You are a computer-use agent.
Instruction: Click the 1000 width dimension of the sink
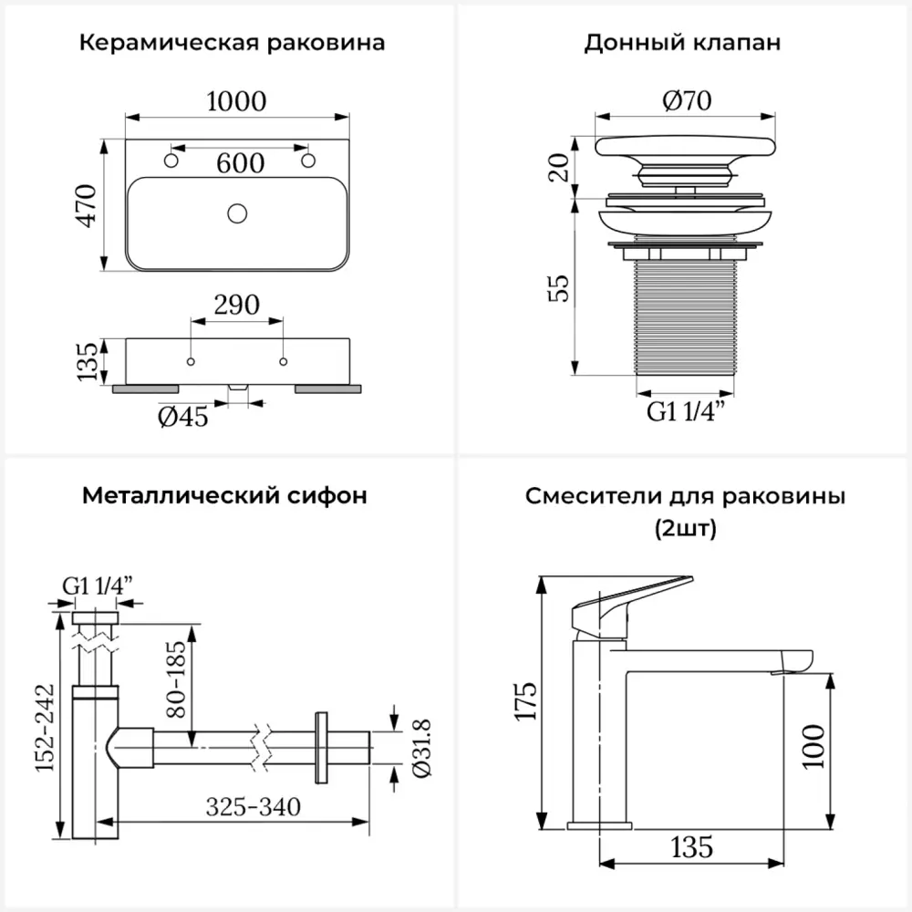click(x=236, y=101)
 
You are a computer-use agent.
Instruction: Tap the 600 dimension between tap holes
click(x=240, y=163)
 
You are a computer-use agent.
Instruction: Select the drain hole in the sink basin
click(x=237, y=213)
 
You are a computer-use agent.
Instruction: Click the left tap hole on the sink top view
click(x=171, y=161)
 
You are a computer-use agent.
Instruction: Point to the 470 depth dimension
click(x=86, y=205)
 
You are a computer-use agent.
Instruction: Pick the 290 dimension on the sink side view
click(x=237, y=305)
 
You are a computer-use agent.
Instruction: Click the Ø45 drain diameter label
click(x=182, y=417)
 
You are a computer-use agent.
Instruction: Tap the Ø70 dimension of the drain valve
click(x=687, y=100)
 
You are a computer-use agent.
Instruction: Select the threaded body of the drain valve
click(x=685, y=317)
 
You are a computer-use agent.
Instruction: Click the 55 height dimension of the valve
click(x=558, y=288)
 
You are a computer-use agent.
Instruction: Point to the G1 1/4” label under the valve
click(x=687, y=411)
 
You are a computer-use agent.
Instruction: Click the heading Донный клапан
click(x=682, y=43)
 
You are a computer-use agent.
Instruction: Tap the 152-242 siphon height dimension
click(x=45, y=728)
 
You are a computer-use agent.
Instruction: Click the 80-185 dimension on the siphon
click(x=175, y=679)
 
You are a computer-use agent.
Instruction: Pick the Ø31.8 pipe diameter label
click(x=421, y=748)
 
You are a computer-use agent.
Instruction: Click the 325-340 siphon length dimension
click(x=254, y=807)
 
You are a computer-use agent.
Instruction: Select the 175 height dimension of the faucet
click(x=525, y=701)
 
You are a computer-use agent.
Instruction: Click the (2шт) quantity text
click(x=686, y=529)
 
